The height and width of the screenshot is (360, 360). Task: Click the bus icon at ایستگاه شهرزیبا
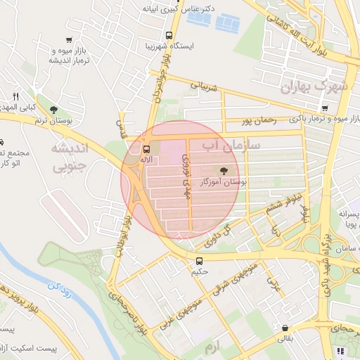click(168, 35)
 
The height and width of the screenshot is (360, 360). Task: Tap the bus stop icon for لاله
click(146, 149)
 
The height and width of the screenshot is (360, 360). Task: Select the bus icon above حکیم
click(200, 262)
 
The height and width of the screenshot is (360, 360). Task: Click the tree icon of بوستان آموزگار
click(224, 171)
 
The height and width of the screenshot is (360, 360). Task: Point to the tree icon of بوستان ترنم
click(53, 109)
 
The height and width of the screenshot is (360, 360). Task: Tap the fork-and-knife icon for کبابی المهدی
click(15, 96)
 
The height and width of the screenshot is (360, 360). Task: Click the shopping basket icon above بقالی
click(284, 328)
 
